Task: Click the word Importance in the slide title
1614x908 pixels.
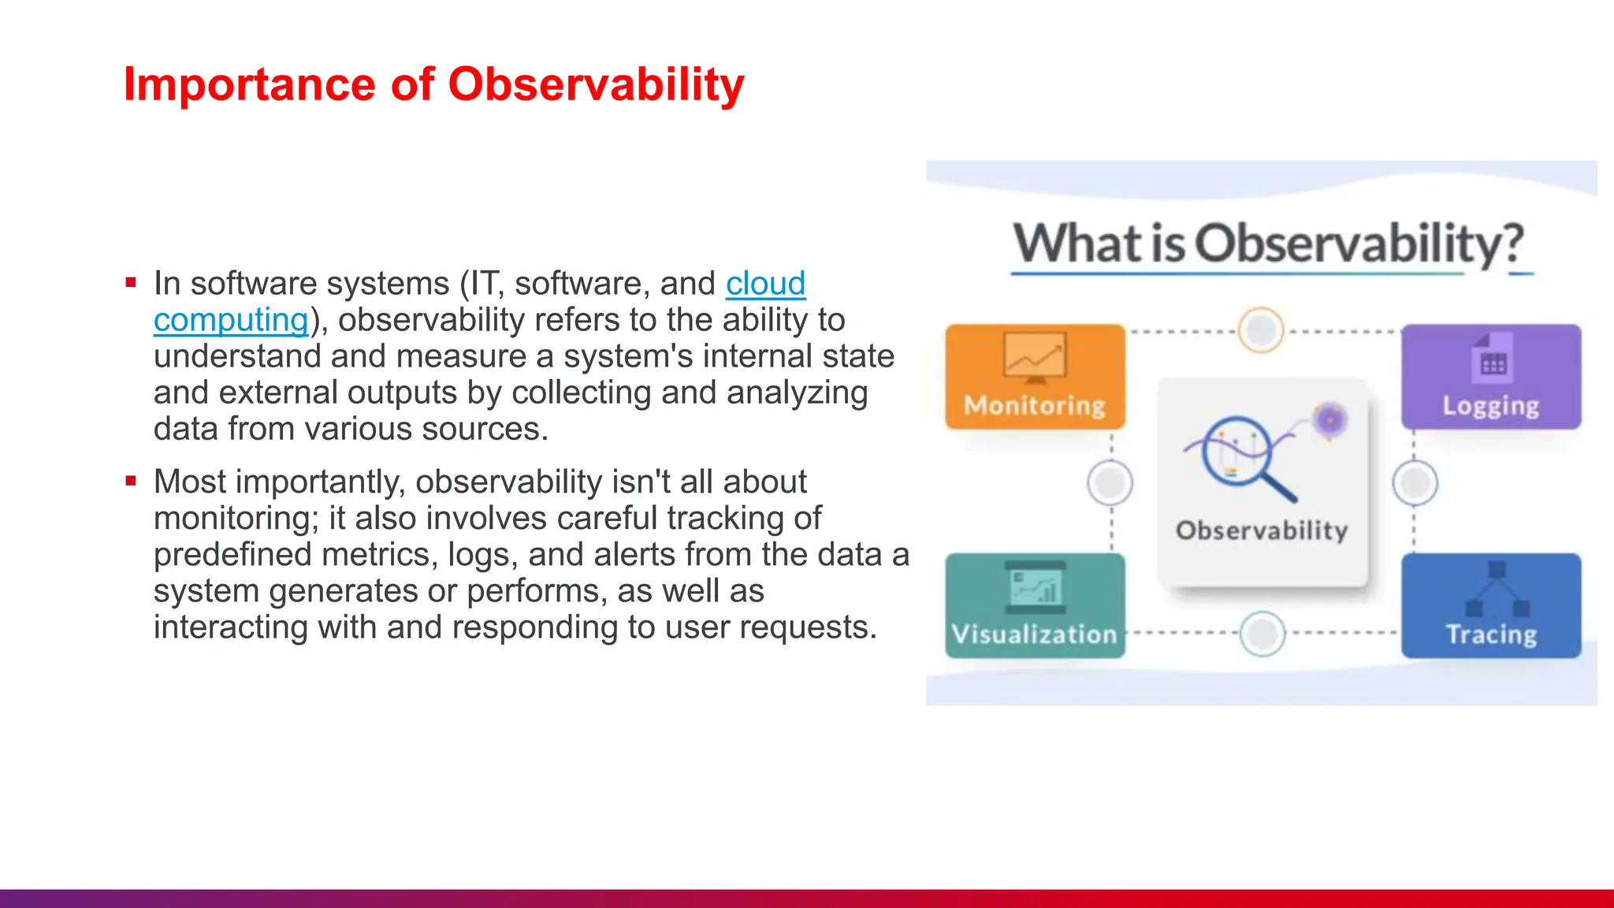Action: (249, 84)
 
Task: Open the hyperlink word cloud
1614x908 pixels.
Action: (764, 284)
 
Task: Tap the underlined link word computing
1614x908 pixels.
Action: (230, 320)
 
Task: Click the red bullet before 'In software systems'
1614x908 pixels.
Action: (131, 282)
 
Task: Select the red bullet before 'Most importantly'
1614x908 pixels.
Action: (131, 481)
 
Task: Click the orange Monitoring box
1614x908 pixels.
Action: (1035, 377)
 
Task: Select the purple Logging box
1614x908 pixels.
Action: (1490, 377)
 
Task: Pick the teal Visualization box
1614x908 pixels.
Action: (1035, 605)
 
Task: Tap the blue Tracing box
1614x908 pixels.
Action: (1490, 605)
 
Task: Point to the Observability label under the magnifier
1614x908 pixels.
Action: (1262, 530)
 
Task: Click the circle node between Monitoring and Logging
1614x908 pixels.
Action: (1261, 330)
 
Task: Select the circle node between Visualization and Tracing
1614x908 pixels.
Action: (1262, 633)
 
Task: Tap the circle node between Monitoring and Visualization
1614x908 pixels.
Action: (1110, 482)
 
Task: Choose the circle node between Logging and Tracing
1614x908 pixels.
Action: (1415, 482)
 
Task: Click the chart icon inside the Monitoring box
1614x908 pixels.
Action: (1035, 357)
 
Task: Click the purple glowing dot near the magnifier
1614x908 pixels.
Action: (1330, 419)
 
